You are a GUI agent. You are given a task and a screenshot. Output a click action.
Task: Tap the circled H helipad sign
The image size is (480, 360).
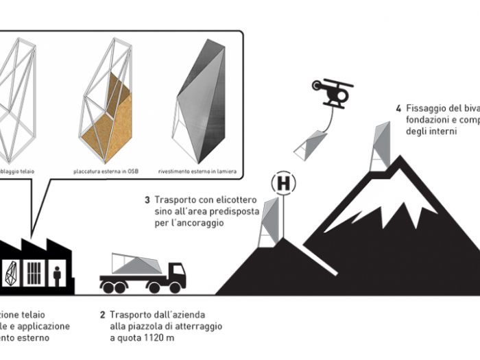click(x=283, y=183)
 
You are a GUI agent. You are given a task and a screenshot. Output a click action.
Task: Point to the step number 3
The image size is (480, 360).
click(x=147, y=200)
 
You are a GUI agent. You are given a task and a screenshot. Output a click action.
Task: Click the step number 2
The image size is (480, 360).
click(x=102, y=315)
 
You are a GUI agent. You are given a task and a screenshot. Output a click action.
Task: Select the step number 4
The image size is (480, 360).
click(x=398, y=108)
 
